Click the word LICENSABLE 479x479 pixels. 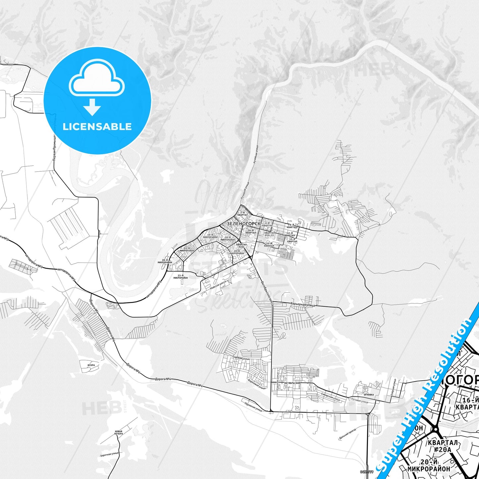tap(97, 126)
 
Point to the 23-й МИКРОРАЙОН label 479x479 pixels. tap(180, 276)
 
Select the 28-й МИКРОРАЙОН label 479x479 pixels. tap(165, 261)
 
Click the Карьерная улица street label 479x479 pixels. tap(303, 304)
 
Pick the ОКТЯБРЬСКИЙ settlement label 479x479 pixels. tap(292, 383)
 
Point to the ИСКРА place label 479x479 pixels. tap(91, 365)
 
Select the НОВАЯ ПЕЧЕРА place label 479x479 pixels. tap(118, 432)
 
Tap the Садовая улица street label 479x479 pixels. tap(241, 358)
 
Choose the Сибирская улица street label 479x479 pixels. tap(330, 396)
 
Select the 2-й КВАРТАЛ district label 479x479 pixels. tap(242, 214)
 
